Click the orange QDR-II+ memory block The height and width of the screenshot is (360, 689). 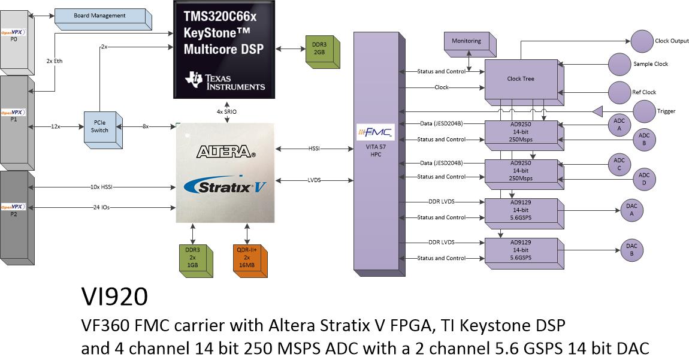[x=250, y=260]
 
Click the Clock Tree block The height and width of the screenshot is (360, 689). [x=524, y=82]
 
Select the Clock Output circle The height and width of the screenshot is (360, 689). [x=642, y=41]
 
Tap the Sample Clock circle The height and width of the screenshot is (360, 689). [x=620, y=64]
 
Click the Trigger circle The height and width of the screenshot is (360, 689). [x=644, y=111]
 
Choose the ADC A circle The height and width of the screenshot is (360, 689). [x=619, y=125]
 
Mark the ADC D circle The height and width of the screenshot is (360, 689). [x=643, y=179]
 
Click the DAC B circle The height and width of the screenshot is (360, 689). [x=631, y=250]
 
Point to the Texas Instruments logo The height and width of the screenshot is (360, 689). [x=225, y=81]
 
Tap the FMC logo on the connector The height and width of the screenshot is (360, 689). [x=375, y=132]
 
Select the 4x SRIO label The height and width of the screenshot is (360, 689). [x=226, y=111]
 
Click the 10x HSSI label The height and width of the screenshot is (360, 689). [x=101, y=187]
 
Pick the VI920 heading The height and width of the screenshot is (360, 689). [x=114, y=297]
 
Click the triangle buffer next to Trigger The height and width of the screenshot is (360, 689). [x=597, y=111]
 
